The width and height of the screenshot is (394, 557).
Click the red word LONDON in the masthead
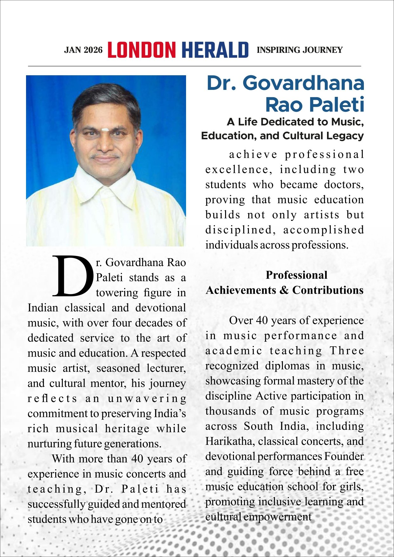click(142, 50)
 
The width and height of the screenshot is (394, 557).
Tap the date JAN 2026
click(83, 50)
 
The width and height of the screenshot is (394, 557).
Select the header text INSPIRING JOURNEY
click(299, 50)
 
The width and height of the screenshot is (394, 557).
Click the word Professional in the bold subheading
click(296, 275)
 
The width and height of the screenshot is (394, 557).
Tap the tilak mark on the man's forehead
click(105, 130)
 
